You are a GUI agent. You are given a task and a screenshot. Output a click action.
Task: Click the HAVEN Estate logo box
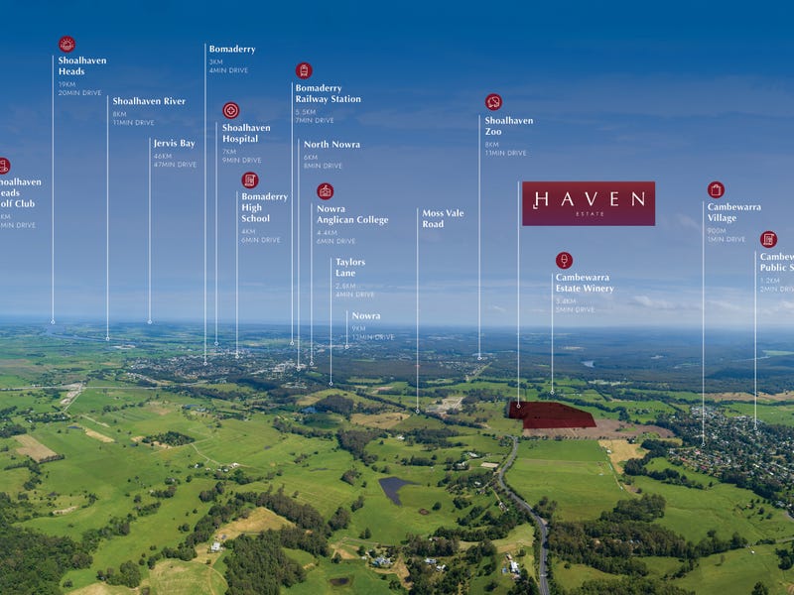589,203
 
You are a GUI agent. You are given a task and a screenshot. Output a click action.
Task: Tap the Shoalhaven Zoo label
508,126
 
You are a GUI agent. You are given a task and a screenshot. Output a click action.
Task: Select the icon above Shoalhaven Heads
66,44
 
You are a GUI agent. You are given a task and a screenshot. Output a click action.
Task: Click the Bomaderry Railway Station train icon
304,70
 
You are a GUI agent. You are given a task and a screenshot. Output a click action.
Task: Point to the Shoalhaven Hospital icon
230,110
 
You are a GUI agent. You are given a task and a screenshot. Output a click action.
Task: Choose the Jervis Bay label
174,144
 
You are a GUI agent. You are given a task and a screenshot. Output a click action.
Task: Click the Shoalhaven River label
149,101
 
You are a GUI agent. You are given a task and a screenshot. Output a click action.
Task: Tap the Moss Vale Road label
443,218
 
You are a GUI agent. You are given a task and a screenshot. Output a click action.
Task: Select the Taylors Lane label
350,268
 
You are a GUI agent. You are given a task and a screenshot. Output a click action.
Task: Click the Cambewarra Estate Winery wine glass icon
564,260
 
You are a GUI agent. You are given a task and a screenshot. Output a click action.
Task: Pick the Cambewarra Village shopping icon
716,189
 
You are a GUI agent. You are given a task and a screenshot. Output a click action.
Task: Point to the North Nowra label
331,145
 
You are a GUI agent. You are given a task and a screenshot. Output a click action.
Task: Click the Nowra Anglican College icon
325,191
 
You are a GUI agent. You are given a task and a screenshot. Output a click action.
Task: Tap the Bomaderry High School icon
250,179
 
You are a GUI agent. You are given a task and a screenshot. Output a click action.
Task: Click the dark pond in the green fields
394,488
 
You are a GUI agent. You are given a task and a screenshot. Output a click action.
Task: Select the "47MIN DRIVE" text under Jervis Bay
175,165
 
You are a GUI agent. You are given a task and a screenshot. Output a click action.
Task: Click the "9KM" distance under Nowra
357,328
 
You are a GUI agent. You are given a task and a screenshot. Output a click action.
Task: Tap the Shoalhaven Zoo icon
493,102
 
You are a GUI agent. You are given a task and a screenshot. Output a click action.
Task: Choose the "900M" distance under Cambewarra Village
718,230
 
